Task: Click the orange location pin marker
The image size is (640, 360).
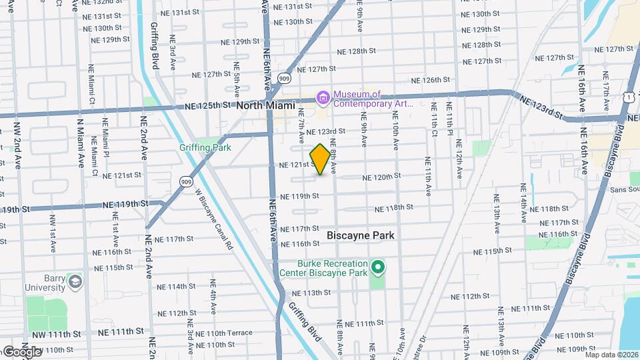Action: pos(320,159)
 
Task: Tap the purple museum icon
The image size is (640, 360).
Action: pos(323,98)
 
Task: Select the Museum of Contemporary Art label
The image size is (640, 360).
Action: pos(373,99)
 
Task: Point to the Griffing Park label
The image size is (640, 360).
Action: pos(205,147)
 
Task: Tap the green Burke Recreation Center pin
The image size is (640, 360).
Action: pos(378,268)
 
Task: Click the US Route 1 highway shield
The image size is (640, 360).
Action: pos(629,97)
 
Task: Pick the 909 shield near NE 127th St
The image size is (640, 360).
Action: pos(285,77)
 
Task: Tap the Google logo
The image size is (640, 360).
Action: pos(21,351)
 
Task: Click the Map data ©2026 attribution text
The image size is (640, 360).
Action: pos(611,354)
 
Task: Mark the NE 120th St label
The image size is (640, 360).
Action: pos(381,177)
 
